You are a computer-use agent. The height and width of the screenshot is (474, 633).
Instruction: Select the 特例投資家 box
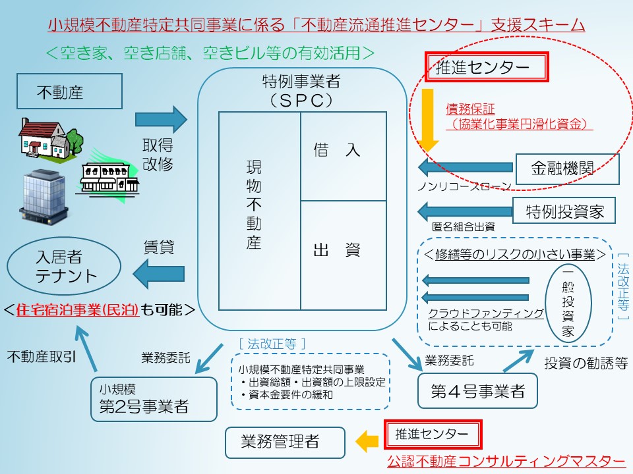coord(564,211)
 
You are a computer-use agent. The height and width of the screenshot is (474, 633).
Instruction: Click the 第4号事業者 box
coord(478,391)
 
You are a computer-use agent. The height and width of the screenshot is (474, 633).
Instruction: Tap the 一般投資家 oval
coord(568,303)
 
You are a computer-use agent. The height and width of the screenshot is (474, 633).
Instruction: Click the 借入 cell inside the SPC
coord(343,156)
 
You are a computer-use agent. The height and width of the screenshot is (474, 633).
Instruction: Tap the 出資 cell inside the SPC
coord(343,255)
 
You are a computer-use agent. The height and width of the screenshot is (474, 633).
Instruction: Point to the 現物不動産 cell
coord(259,211)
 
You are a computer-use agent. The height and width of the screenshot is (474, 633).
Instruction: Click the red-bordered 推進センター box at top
coord(487,67)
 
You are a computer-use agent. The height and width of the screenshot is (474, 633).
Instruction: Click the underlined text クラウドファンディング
coord(486,313)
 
